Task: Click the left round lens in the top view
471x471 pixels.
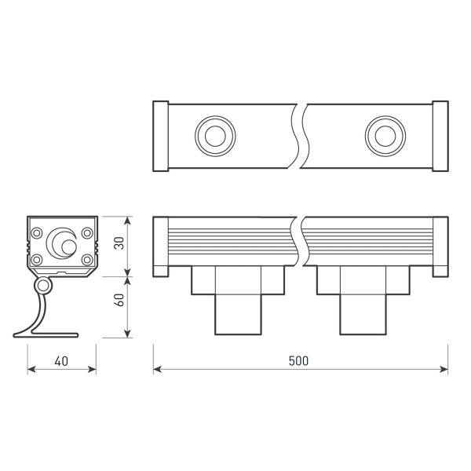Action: [x=212, y=135]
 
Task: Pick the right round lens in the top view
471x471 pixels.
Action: [x=384, y=135]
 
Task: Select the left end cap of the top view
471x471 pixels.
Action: [x=160, y=136]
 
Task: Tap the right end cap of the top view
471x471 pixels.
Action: [x=440, y=136]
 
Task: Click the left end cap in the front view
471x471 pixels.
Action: [x=160, y=245]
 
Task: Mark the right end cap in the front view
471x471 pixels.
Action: [x=440, y=245]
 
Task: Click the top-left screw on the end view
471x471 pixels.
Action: [x=37, y=232]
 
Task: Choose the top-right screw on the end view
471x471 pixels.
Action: [x=87, y=232]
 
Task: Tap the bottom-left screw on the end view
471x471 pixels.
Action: [x=37, y=260]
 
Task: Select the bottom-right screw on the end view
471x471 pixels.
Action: [x=87, y=260]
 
